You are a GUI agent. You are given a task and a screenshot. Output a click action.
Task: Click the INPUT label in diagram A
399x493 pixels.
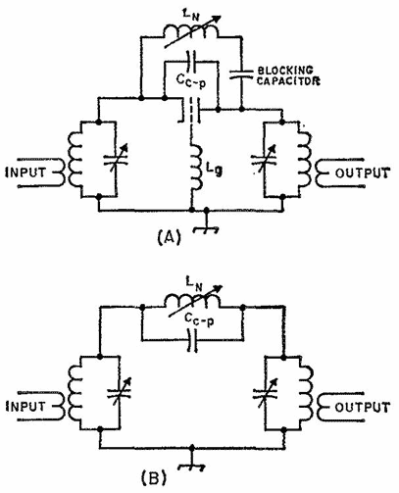[25, 173]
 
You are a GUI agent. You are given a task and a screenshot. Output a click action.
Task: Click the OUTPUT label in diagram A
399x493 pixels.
[363, 173]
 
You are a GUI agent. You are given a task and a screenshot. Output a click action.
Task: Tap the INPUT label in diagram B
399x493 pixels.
[25, 407]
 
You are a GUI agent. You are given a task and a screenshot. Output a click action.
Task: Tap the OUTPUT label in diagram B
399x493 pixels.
[363, 407]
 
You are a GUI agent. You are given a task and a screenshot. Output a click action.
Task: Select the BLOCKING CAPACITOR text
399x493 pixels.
[288, 75]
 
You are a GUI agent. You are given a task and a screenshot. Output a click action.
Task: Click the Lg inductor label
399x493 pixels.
[215, 170]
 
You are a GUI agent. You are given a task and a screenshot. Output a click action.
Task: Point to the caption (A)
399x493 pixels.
[169, 237]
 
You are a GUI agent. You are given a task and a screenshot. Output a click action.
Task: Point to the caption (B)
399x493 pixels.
[154, 478]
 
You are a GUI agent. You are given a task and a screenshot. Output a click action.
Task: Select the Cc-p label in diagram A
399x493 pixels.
[191, 81]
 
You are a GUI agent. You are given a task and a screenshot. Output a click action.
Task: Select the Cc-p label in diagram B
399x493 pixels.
[199, 319]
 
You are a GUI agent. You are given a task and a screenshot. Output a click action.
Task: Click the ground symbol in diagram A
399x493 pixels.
[206, 226]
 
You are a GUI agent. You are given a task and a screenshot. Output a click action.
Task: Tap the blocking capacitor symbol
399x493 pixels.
[241, 74]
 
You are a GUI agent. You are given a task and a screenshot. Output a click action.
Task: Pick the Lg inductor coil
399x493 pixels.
[197, 168]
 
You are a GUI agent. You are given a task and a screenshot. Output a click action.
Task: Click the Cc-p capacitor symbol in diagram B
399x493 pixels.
[193, 341]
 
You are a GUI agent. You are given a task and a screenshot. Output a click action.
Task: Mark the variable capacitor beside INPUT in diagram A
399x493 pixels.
[115, 160]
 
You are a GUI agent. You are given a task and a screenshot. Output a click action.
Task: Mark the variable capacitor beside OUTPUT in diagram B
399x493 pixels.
[266, 393]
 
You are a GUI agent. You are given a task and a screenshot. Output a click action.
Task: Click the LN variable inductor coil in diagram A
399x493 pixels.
[190, 32]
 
